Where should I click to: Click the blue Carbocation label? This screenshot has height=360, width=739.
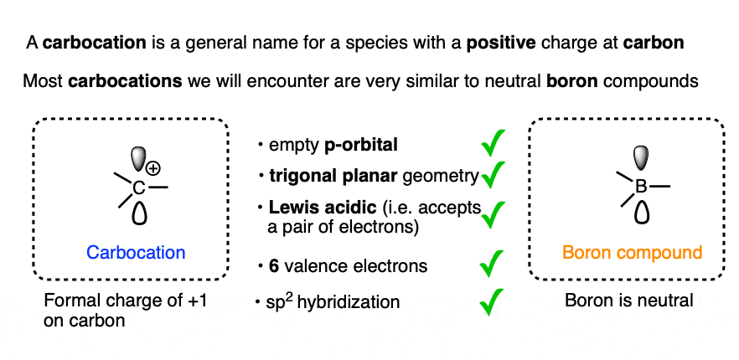coord(136,253)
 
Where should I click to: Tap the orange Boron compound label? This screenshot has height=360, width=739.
coord(632,253)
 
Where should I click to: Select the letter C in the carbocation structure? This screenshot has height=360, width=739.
coord(138,189)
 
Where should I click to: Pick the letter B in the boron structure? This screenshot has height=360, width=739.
coord(642,187)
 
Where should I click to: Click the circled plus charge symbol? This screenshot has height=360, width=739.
coord(152,167)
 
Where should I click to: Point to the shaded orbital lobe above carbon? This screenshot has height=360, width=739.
coord(138,159)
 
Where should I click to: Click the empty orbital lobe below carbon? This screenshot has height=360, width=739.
coord(139,212)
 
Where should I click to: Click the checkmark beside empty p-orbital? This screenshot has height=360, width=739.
coord(493,143)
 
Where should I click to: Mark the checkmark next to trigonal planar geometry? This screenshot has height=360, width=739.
coord(493,174)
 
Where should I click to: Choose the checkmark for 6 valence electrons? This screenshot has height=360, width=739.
coord(492,264)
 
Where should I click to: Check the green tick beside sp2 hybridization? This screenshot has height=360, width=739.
coord(492,302)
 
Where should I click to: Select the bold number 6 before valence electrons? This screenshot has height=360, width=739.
coord(274,266)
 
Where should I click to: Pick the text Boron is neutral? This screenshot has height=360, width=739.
coord(629,301)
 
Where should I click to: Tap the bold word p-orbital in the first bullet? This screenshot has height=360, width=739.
coord(361,146)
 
